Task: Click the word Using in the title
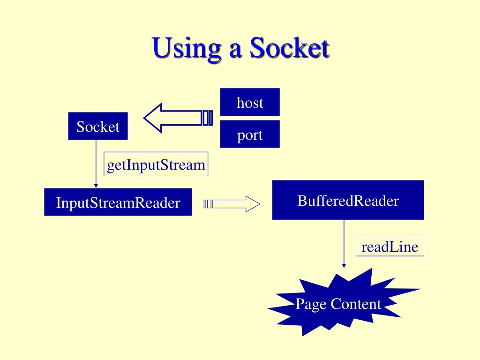pos(187,49)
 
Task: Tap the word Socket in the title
pos(289,49)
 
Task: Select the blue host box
pos(250,102)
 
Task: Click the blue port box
pos(250,135)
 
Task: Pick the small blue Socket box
pos(98,126)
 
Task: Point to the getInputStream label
pos(156,165)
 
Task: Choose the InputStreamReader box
pos(118,202)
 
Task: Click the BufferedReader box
pos(348,200)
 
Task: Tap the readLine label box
pos(390,246)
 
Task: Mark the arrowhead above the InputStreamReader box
pos(96,186)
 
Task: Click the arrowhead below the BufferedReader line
pos(344,265)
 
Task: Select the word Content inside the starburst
pos(356,304)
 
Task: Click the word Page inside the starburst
pos(311,305)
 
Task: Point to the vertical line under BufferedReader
pos(344,241)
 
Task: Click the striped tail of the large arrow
pos(207,118)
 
